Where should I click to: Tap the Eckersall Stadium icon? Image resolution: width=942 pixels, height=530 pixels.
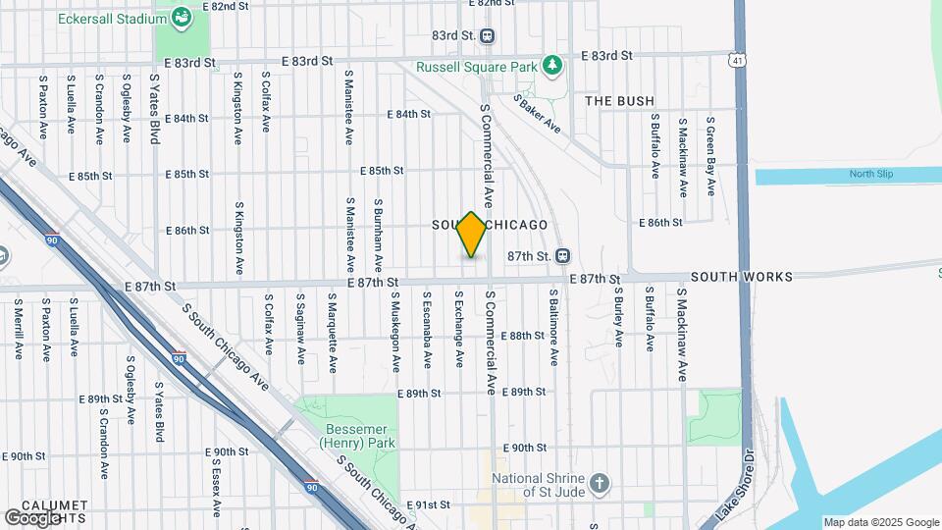(x=182, y=17)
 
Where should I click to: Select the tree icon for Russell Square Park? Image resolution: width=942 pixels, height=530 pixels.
(x=553, y=66)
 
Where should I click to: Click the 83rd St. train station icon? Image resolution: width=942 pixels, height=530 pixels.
(x=488, y=35)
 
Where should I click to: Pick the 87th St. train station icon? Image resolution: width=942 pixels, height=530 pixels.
(x=562, y=255)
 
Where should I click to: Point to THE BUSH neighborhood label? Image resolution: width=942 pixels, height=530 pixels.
(x=619, y=101)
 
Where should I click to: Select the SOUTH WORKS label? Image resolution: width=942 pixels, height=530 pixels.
(x=741, y=278)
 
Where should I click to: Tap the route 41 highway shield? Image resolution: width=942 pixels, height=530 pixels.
(x=736, y=61)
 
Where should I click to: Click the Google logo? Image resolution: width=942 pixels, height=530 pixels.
(x=33, y=517)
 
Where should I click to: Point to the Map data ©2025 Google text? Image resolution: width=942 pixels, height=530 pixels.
(x=880, y=522)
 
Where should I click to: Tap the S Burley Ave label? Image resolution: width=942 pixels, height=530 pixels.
(x=619, y=316)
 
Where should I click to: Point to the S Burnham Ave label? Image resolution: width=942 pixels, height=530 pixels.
(x=379, y=236)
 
